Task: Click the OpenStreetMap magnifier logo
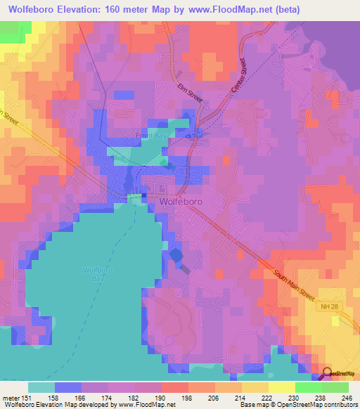[x=327, y=375]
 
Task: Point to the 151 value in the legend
[x=28, y=397]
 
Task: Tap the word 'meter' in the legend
[x=11, y=397]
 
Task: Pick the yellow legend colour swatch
[x=281, y=387]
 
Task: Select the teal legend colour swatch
[x=41, y=387]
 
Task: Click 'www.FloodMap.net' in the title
[x=224, y=10]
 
